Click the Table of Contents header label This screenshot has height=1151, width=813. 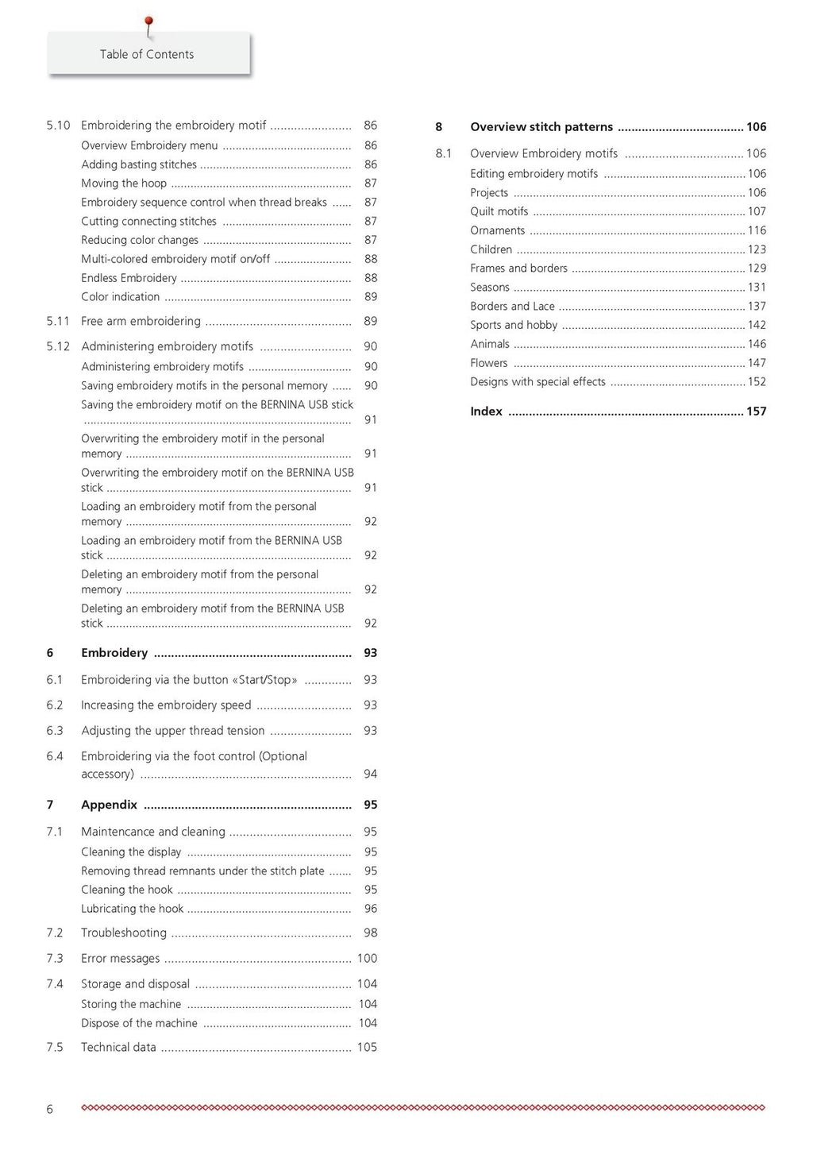click(x=147, y=54)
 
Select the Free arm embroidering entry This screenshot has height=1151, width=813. click(x=141, y=321)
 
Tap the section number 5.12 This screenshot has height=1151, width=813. click(x=58, y=346)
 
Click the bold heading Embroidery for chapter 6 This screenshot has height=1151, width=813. click(x=114, y=653)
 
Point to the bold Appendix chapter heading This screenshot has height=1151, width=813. click(x=109, y=805)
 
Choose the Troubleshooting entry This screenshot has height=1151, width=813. click(x=124, y=933)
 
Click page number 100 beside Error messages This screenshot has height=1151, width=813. click(x=367, y=958)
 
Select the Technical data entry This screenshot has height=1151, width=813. click(x=118, y=1047)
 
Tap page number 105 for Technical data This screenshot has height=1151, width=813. click(x=367, y=1047)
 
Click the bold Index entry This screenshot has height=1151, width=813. click(x=486, y=411)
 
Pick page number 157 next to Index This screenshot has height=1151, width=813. click(x=756, y=411)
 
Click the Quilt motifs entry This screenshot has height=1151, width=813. click(x=499, y=211)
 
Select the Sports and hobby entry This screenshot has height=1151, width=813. click(x=514, y=325)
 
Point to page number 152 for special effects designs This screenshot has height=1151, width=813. click(x=757, y=382)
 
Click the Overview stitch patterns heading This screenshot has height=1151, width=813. click(x=541, y=127)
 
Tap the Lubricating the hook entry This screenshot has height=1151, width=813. click(x=132, y=909)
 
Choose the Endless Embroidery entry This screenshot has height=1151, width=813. click(x=129, y=278)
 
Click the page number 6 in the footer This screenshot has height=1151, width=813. click(x=50, y=1109)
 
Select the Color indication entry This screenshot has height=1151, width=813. click(x=120, y=297)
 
